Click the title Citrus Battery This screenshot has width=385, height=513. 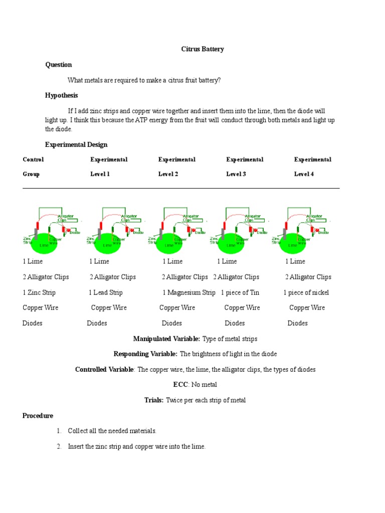pos(202,49)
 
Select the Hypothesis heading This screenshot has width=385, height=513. pos(61,95)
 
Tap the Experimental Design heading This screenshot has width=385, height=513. pos(76,144)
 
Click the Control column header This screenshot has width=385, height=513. pos(33,159)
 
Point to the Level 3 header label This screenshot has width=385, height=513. pos(236,174)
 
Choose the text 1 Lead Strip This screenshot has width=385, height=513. pos(106,293)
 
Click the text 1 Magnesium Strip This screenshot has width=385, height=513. pos(189,293)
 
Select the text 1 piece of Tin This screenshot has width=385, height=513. pos(240,293)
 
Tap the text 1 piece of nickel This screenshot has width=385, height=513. pos(306,293)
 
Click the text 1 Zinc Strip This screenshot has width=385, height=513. pos(39,293)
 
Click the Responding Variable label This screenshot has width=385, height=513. pos(145,354)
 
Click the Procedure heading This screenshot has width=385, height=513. pos(38,416)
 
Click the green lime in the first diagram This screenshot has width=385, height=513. pos(45,243)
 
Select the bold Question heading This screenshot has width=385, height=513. pos(59,65)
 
